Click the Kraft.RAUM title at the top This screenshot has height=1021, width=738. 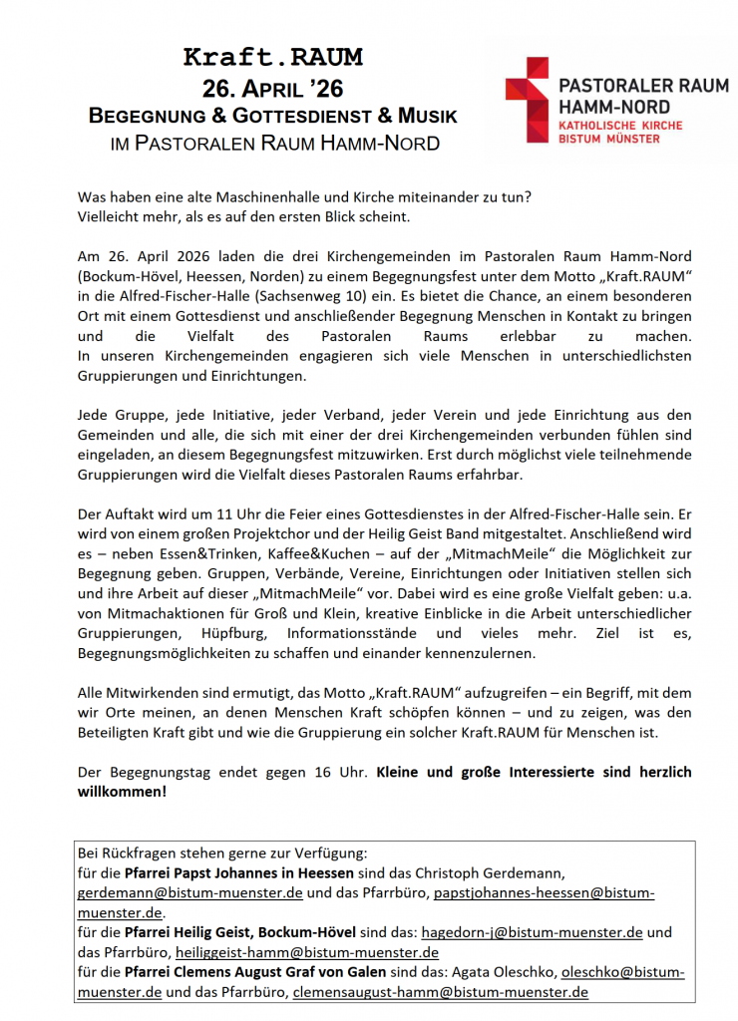[x=273, y=57]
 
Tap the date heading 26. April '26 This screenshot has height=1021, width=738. [x=273, y=88]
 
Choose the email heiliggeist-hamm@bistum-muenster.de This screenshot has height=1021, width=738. [x=305, y=952]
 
